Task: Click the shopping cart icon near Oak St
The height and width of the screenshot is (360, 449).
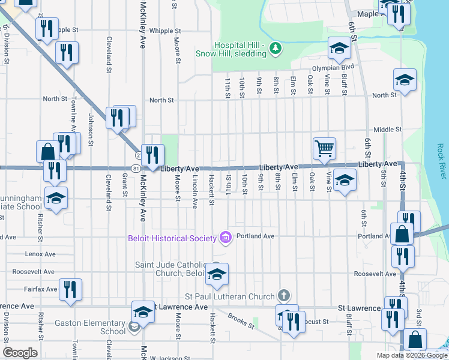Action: pyautogui.click(x=324, y=147)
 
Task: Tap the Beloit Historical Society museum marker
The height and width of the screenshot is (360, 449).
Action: pyautogui.click(x=226, y=238)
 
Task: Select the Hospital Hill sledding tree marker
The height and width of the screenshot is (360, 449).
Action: pyautogui.click(x=276, y=48)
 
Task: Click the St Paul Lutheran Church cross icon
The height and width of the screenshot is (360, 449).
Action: pyautogui.click(x=285, y=295)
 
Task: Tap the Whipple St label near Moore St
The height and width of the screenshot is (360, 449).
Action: pyautogui.click(x=165, y=31)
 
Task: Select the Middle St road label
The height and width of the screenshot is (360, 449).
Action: pyautogui.click(x=387, y=130)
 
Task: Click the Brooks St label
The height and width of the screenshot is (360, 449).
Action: pyautogui.click(x=241, y=323)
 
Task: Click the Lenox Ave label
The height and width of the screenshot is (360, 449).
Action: pyautogui.click(x=41, y=254)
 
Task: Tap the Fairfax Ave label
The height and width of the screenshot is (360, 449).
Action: pyautogui.click(x=40, y=289)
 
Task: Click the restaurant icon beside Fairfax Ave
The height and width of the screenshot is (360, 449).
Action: pyautogui.click(x=71, y=289)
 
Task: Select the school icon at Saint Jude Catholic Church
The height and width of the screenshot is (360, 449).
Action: pyautogui.click(x=217, y=274)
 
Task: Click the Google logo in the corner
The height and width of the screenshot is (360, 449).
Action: pyautogui.click(x=20, y=353)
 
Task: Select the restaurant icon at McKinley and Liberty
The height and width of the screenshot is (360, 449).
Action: pyautogui.click(x=152, y=155)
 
